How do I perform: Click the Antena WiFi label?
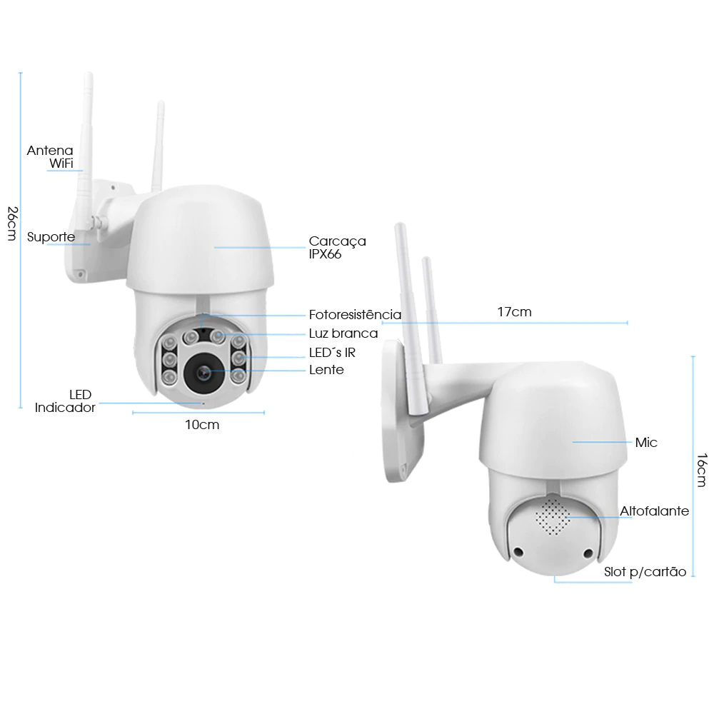point(50,156)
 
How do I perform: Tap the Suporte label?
point(51,237)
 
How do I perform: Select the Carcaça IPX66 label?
point(338,247)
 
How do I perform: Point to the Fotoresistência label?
point(355,315)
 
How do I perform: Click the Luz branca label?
point(343,333)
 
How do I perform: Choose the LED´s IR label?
point(332,353)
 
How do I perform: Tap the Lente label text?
point(326,370)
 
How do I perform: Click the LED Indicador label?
point(65,401)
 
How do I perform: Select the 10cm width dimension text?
point(202,425)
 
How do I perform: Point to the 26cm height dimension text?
point(13,223)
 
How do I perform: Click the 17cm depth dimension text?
point(515,312)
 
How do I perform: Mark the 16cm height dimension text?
point(702,470)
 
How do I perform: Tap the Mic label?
point(646,442)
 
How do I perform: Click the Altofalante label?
point(654,511)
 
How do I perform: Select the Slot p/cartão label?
point(645,572)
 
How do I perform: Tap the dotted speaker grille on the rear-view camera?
point(553,517)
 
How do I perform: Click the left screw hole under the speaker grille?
point(518,553)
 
